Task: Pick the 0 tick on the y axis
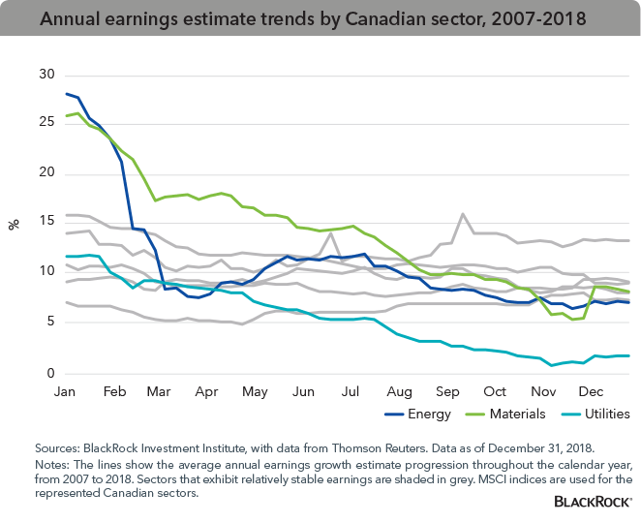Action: (x=44, y=374)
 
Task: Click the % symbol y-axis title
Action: (x=15, y=224)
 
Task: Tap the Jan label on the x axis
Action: (x=65, y=393)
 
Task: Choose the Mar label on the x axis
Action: (x=157, y=393)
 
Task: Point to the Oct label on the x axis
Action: (x=494, y=393)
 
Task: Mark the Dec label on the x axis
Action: (x=590, y=393)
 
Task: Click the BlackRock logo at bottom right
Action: (x=592, y=502)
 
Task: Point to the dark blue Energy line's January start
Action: (x=65, y=94)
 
